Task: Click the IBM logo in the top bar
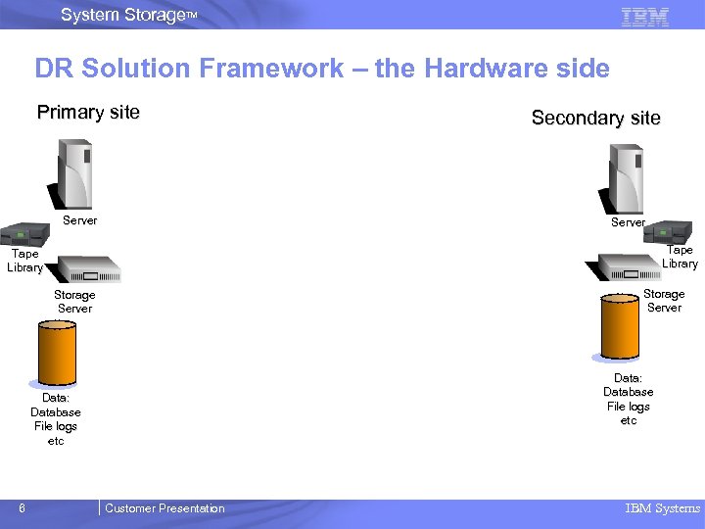645,16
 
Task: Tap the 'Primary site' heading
88,112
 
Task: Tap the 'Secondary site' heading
595,119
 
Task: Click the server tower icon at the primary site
76,173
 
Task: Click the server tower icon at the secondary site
626,178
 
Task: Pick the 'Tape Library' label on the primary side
25,261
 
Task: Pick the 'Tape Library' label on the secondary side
680,257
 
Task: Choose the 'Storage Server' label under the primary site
74,302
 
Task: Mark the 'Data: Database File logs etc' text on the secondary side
628,399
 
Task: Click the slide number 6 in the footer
22,508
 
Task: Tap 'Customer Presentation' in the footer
164,508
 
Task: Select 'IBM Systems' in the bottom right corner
663,508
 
